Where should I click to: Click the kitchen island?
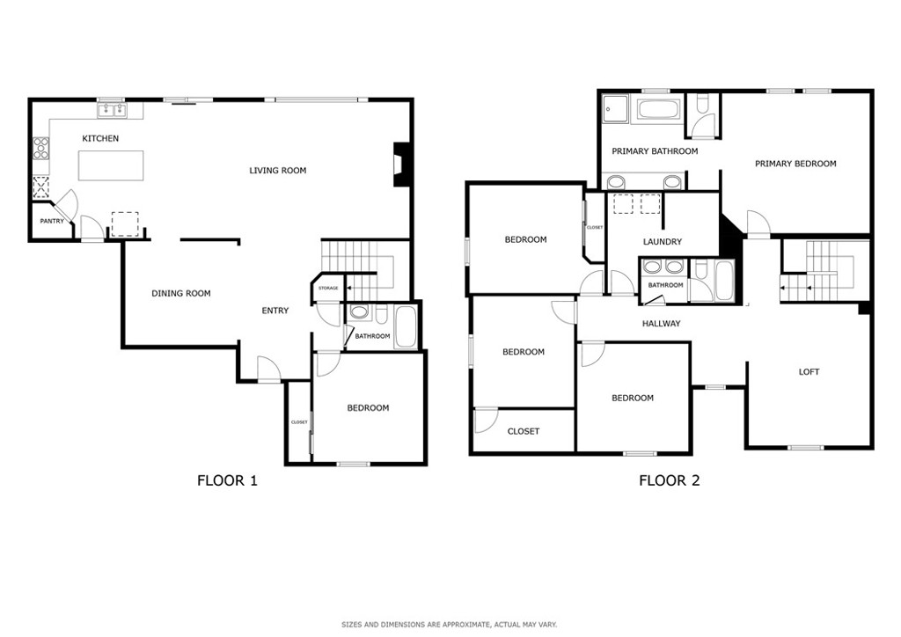tap(111, 165)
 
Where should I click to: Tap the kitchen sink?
tap(112, 110)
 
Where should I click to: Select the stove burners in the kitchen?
tap(41, 148)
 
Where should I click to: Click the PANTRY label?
tap(52, 221)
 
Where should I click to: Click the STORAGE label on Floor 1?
tap(329, 288)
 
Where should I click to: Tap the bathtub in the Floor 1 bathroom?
tap(407, 326)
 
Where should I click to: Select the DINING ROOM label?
tap(181, 294)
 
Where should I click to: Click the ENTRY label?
tap(275, 311)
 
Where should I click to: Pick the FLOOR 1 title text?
tap(228, 480)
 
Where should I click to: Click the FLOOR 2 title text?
tap(670, 480)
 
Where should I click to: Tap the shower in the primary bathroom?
tap(616, 109)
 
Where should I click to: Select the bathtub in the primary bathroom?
tap(658, 110)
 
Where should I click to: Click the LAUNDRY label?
tap(663, 242)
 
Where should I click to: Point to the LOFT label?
tap(809, 371)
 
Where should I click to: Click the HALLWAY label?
tap(662, 324)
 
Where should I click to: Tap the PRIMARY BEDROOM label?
tap(795, 164)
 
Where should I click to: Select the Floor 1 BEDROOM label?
tap(368, 408)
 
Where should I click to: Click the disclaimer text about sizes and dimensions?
tap(450, 625)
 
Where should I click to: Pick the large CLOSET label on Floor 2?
tap(524, 431)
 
